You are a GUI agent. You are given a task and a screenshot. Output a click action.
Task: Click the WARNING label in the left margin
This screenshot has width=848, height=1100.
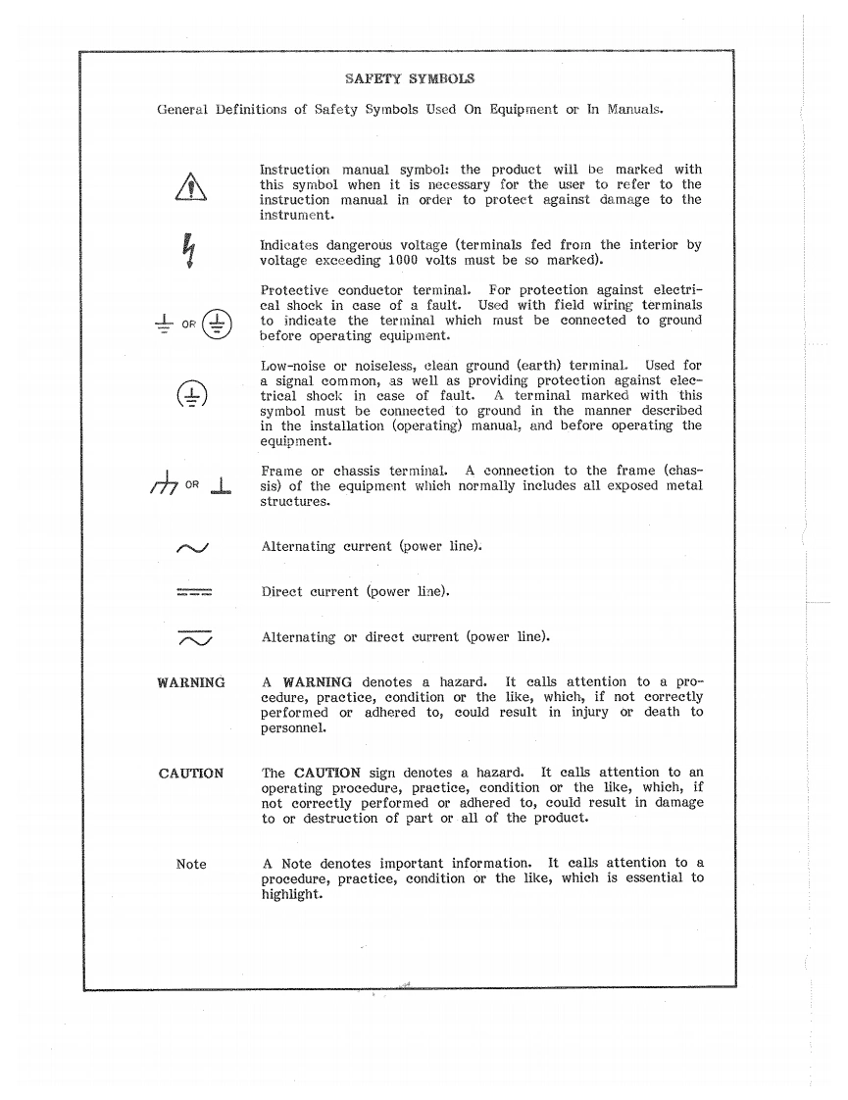point(191,682)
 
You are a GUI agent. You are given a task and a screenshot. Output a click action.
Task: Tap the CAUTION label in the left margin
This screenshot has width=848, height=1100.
point(191,774)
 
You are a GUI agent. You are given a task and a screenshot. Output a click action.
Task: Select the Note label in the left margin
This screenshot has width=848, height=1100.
point(191,864)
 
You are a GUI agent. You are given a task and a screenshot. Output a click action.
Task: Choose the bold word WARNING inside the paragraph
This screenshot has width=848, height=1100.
point(317,682)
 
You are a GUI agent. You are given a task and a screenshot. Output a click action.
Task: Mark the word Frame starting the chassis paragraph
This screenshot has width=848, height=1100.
point(282,472)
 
